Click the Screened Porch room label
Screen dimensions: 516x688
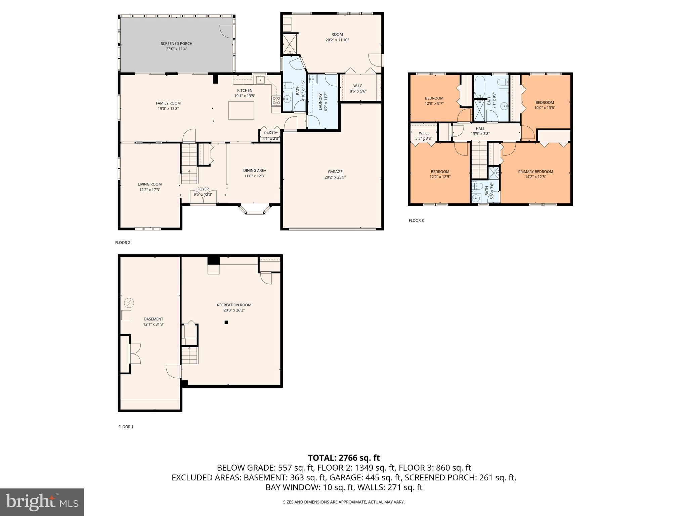pyautogui.click(x=176, y=44)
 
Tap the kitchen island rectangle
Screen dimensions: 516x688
pyautogui.click(x=241, y=110)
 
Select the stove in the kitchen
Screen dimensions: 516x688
pyautogui.click(x=276, y=100)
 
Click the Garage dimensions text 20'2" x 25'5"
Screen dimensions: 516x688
pyautogui.click(x=335, y=177)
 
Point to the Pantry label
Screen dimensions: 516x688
pyautogui.click(x=271, y=133)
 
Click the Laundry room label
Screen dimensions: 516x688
pyautogui.click(x=320, y=101)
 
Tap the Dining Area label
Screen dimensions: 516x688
pyautogui.click(x=255, y=171)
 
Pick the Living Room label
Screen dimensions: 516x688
pyautogui.click(x=149, y=184)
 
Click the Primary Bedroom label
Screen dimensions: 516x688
pyautogui.click(x=535, y=172)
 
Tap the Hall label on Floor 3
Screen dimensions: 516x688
pyautogui.click(x=480, y=129)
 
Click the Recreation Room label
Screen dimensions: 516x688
pyautogui.click(x=234, y=305)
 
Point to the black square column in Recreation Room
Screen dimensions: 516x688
pyautogui.click(x=226, y=322)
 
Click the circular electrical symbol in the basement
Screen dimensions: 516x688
pyautogui.click(x=129, y=303)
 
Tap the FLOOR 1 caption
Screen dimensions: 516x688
pyautogui.click(x=126, y=427)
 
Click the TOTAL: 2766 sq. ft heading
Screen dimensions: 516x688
pyautogui.click(x=344, y=458)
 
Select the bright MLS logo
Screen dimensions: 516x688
pyautogui.click(x=42, y=502)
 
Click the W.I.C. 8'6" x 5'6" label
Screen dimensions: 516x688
pyautogui.click(x=358, y=86)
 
